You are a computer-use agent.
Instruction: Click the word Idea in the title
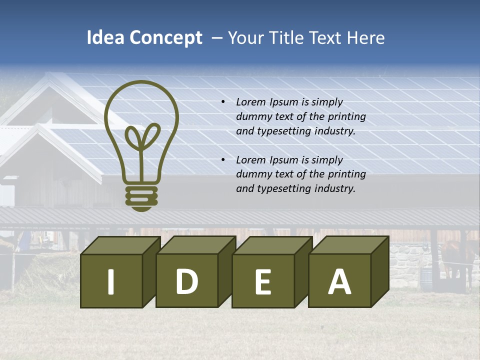pyautogui.click(x=105, y=38)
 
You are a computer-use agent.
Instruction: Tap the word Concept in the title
pyautogui.click(x=166, y=38)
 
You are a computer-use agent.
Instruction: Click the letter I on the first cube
pyautogui.click(x=111, y=281)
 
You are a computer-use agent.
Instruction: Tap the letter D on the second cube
pyautogui.click(x=186, y=281)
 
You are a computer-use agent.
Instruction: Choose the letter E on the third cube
pyautogui.click(x=262, y=282)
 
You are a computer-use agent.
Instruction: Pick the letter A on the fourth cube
pyautogui.click(x=339, y=281)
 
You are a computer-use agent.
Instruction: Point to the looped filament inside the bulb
pyautogui.click(x=141, y=137)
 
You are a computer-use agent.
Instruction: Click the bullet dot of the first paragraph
pyautogui.click(x=223, y=102)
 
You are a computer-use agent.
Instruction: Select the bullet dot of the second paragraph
pyautogui.click(x=223, y=160)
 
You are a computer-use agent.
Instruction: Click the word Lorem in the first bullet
pyautogui.click(x=251, y=102)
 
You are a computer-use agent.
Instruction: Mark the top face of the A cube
pyautogui.click(x=349, y=245)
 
